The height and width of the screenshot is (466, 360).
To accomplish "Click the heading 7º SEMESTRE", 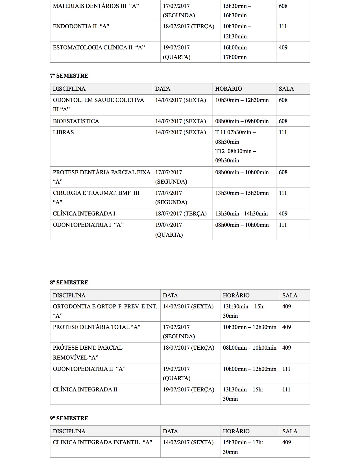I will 69,76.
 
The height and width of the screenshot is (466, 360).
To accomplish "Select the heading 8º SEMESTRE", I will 69,282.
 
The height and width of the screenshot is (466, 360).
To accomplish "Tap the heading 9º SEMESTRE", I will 69,418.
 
